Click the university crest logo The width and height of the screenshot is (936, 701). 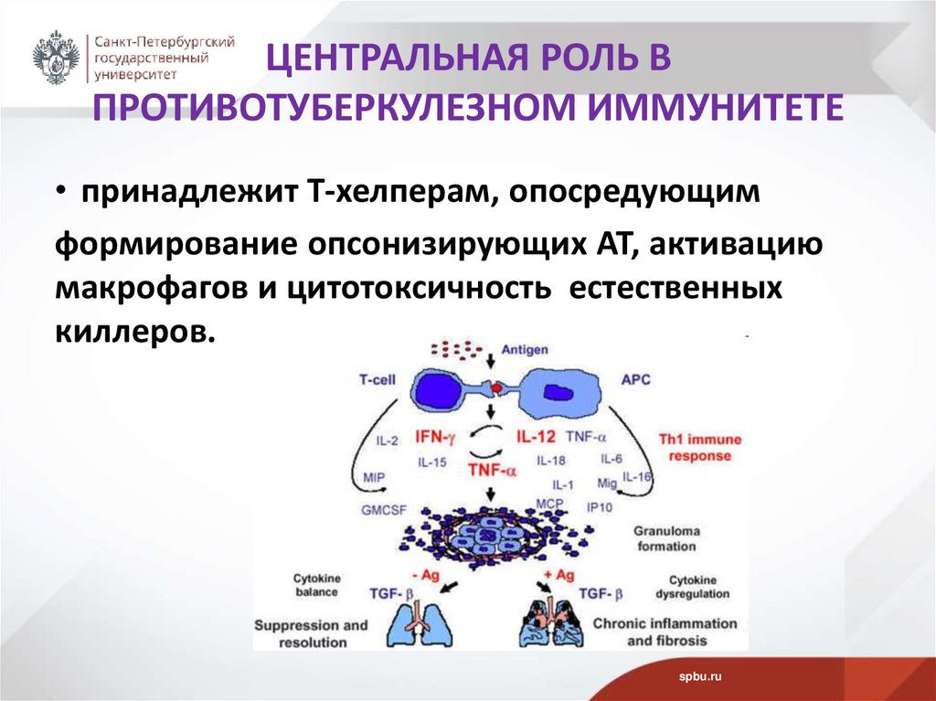pos(57,58)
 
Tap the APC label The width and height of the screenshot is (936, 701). pos(635,379)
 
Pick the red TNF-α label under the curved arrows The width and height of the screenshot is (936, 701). pos(492,470)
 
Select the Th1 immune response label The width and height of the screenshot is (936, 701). pos(699,447)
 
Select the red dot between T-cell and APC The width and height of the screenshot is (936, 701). pos(496,388)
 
